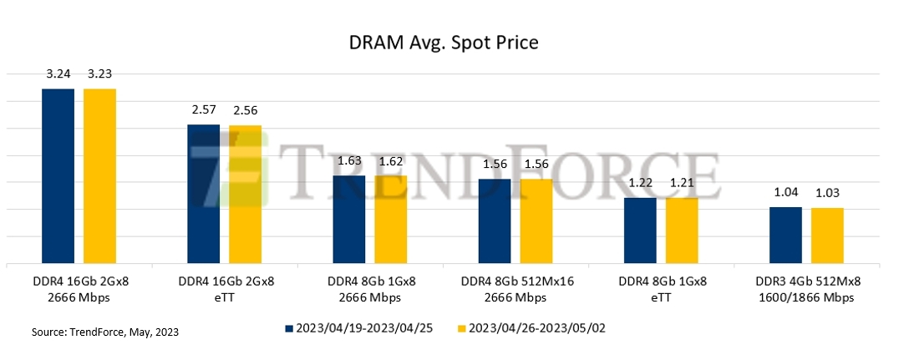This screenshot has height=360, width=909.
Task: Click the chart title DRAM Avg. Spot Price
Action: pyautogui.click(x=454, y=43)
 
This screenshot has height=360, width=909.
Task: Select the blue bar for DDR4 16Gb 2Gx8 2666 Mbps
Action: pyautogui.click(x=58, y=175)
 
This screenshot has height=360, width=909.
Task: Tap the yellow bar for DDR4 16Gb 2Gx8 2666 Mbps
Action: pyautogui.click(x=99, y=175)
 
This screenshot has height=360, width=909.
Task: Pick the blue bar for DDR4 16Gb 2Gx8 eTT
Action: pyautogui.click(x=204, y=194)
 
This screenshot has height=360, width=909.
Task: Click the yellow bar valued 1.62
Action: pyautogui.click(x=390, y=220)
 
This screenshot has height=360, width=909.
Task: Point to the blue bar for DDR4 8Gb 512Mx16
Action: pyautogui.click(x=495, y=221)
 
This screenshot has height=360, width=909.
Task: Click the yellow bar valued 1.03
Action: pyautogui.click(x=827, y=236)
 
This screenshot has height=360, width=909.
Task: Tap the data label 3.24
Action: pyautogui.click(x=58, y=74)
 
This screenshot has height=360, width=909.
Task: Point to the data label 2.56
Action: pyautogui.click(x=246, y=110)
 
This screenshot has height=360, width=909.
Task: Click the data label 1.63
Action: pyautogui.click(x=349, y=161)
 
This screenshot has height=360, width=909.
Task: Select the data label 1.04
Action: pyautogui.click(x=785, y=193)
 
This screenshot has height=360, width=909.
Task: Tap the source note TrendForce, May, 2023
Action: pyautogui.click(x=105, y=332)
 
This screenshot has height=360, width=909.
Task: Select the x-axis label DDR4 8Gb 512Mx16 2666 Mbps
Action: pyautogui.click(x=515, y=289)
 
